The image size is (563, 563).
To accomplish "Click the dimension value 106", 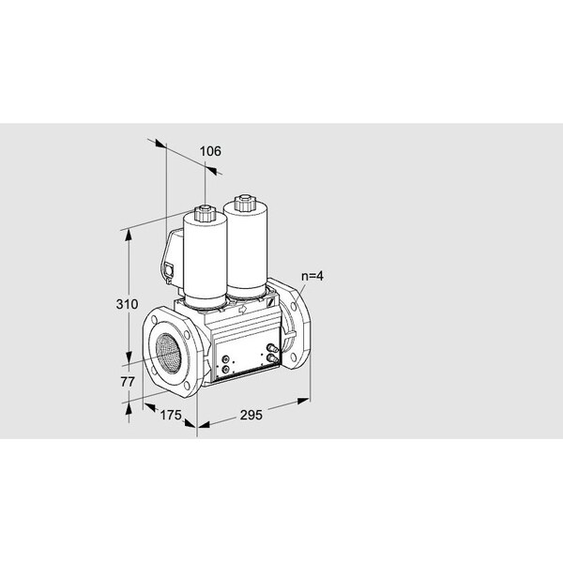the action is pos(210,151).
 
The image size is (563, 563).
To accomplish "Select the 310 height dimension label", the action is pos(127,304).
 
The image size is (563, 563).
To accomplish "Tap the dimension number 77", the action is pos(128,382).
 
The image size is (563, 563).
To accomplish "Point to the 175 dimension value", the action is pos(171,415).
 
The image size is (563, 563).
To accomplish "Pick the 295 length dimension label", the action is pos(251,415).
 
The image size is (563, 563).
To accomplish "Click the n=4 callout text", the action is pos(312,276).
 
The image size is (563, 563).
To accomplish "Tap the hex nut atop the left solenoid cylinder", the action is pos(205,213).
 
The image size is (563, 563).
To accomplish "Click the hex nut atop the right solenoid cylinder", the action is pos(245,203).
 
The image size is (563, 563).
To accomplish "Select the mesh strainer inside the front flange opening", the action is pos(169,352).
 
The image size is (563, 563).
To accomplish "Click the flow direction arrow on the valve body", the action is pos(243,309).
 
